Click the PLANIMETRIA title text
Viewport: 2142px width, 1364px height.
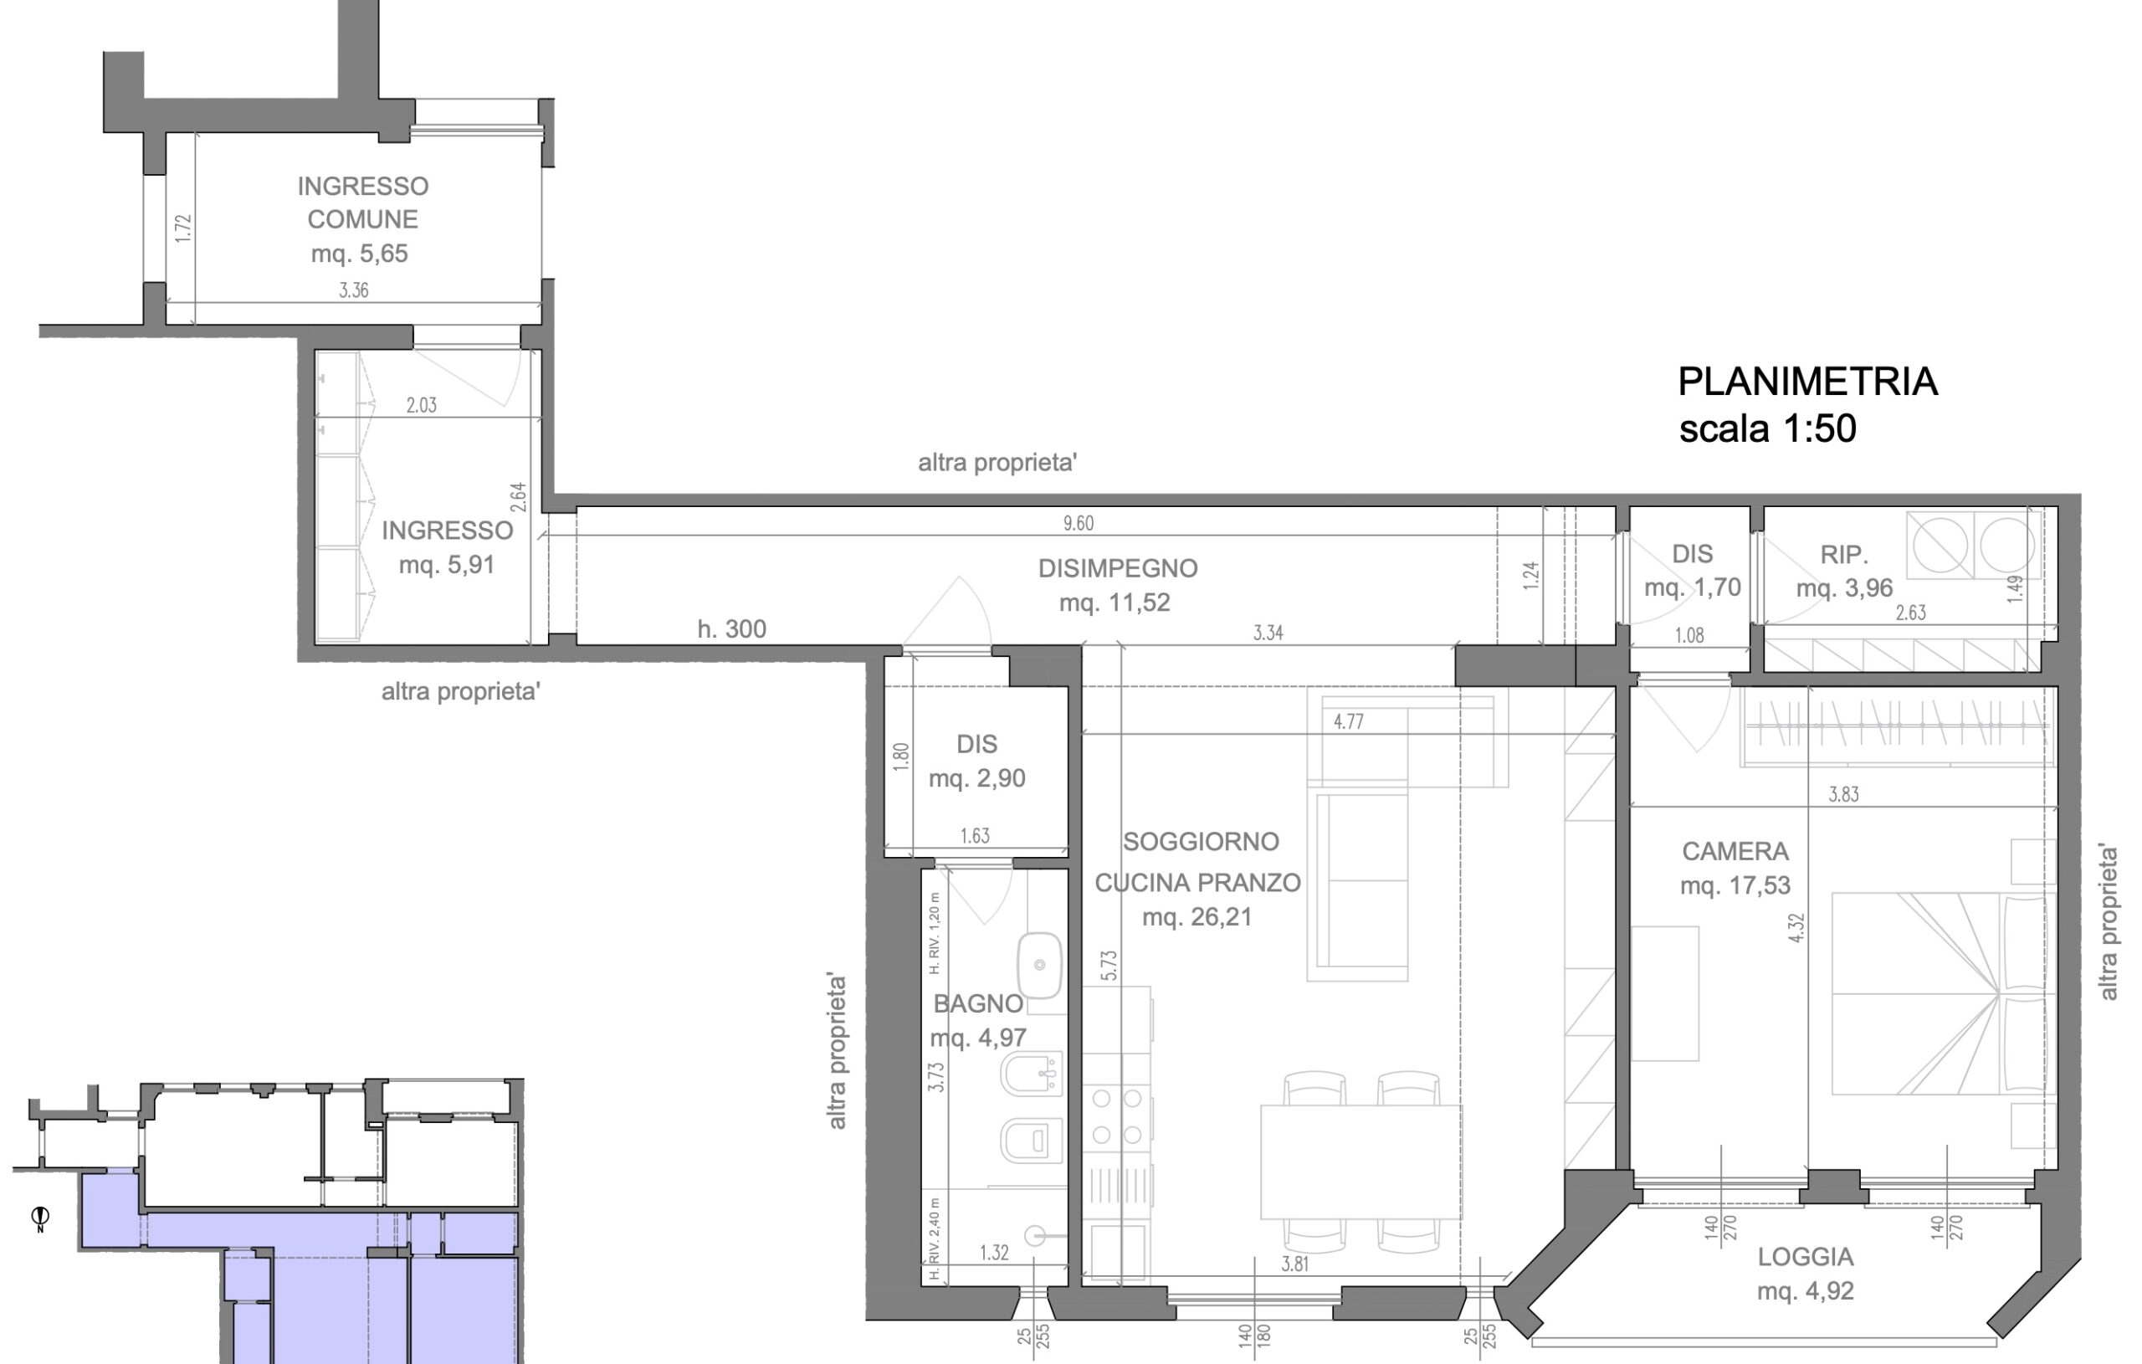(1807, 382)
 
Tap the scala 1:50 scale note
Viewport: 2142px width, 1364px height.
(1767, 428)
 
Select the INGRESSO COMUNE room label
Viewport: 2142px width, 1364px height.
(363, 203)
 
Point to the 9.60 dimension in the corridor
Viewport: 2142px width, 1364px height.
(1079, 523)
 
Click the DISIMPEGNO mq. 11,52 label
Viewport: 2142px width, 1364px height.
(1118, 585)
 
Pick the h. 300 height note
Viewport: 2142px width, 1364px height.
(732, 629)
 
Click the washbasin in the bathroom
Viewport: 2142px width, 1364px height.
(1039, 966)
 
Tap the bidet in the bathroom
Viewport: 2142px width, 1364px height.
(1032, 1074)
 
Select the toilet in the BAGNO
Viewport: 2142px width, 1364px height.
(1032, 1141)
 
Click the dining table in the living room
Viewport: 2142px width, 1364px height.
(1361, 1162)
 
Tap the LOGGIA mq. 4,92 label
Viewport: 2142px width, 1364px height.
(1806, 1274)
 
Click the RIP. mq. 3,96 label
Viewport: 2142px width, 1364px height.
(1844, 572)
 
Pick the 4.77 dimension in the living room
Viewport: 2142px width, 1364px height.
(1349, 721)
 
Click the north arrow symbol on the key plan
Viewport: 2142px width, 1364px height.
(40, 1218)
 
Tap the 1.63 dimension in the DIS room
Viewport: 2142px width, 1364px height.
(975, 835)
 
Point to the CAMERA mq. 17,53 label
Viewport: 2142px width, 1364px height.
(1735, 868)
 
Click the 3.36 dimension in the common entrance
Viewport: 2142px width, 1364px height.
(353, 290)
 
